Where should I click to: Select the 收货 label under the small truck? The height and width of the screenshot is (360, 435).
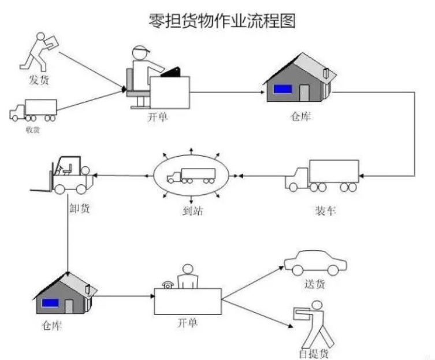tap(32, 129)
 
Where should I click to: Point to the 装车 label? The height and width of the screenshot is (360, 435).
tap(325, 210)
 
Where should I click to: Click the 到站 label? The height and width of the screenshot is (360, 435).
tap(192, 211)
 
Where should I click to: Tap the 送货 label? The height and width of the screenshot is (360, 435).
tap(315, 284)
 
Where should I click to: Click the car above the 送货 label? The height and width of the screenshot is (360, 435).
tap(315, 263)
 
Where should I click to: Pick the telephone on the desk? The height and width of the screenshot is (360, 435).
tap(168, 284)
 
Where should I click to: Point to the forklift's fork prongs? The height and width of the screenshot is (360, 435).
tap(42, 188)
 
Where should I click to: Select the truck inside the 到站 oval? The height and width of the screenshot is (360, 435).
tap(191, 176)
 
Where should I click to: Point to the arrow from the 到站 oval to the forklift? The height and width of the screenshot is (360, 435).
tap(124, 175)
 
